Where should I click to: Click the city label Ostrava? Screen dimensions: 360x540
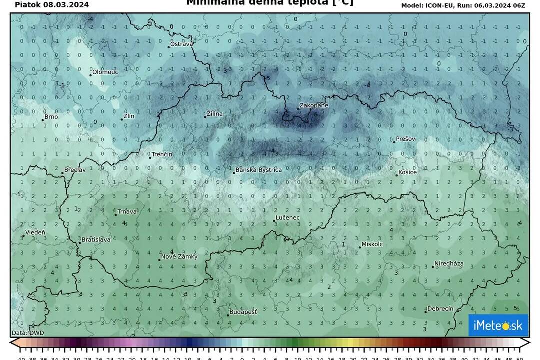[181, 44]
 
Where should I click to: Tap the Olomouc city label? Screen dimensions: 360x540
[105, 72]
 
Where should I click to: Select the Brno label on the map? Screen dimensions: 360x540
[51, 117]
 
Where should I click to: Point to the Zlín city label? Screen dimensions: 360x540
[129, 116]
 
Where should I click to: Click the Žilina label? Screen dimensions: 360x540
[215, 114]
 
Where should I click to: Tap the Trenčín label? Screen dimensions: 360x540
[162, 154]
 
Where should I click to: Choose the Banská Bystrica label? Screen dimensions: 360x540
[258, 170]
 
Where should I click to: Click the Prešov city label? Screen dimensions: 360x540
[405, 139]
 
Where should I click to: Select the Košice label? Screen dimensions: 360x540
[407, 172]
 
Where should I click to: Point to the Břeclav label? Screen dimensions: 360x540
[74, 170]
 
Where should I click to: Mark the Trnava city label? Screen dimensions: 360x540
[127, 212]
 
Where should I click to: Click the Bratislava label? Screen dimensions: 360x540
[96, 240]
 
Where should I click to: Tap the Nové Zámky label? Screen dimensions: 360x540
[179, 257]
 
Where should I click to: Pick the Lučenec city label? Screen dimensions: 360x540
[288, 218]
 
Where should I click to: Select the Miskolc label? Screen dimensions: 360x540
[372, 244]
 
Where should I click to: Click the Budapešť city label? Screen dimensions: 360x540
[243, 312]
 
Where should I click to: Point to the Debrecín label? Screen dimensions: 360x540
[440, 309]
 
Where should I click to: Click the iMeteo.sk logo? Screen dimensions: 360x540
[498, 325]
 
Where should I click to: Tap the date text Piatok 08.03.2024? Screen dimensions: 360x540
[52, 5]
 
